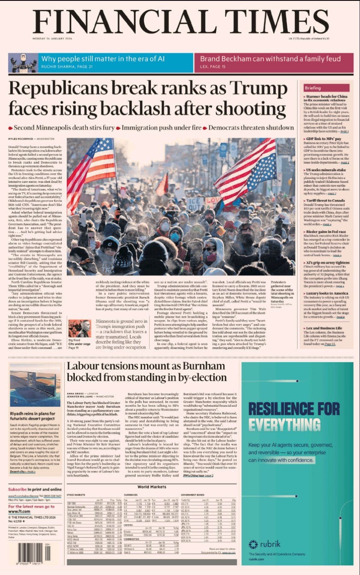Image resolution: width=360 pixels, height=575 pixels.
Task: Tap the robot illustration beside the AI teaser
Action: [x=22, y=63]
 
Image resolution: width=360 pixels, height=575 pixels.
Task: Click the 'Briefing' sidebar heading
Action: [x=312, y=88]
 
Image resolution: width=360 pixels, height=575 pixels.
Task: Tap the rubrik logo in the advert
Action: [x=265, y=544]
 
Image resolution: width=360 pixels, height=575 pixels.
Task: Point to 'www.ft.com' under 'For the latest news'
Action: [x=19, y=511]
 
